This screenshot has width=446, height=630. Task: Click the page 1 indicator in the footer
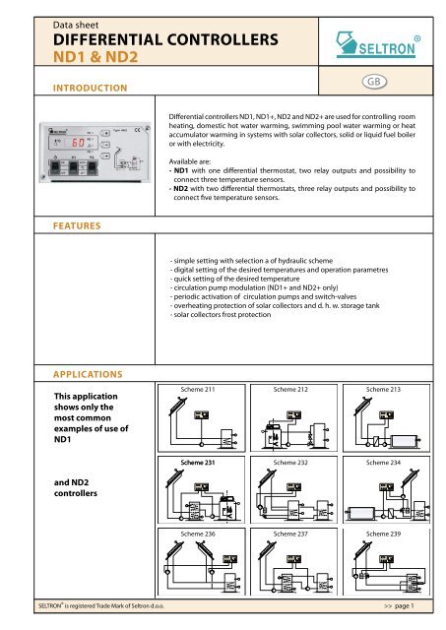(406, 622)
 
